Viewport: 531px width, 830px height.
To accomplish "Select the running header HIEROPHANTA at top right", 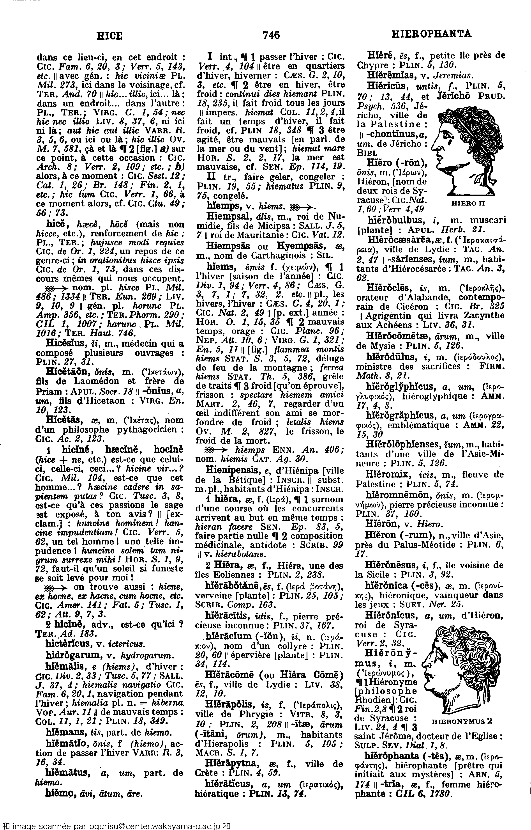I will (432, 34).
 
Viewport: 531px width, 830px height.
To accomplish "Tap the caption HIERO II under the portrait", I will (468, 203).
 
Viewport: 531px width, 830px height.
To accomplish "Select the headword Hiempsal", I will (227, 216).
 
